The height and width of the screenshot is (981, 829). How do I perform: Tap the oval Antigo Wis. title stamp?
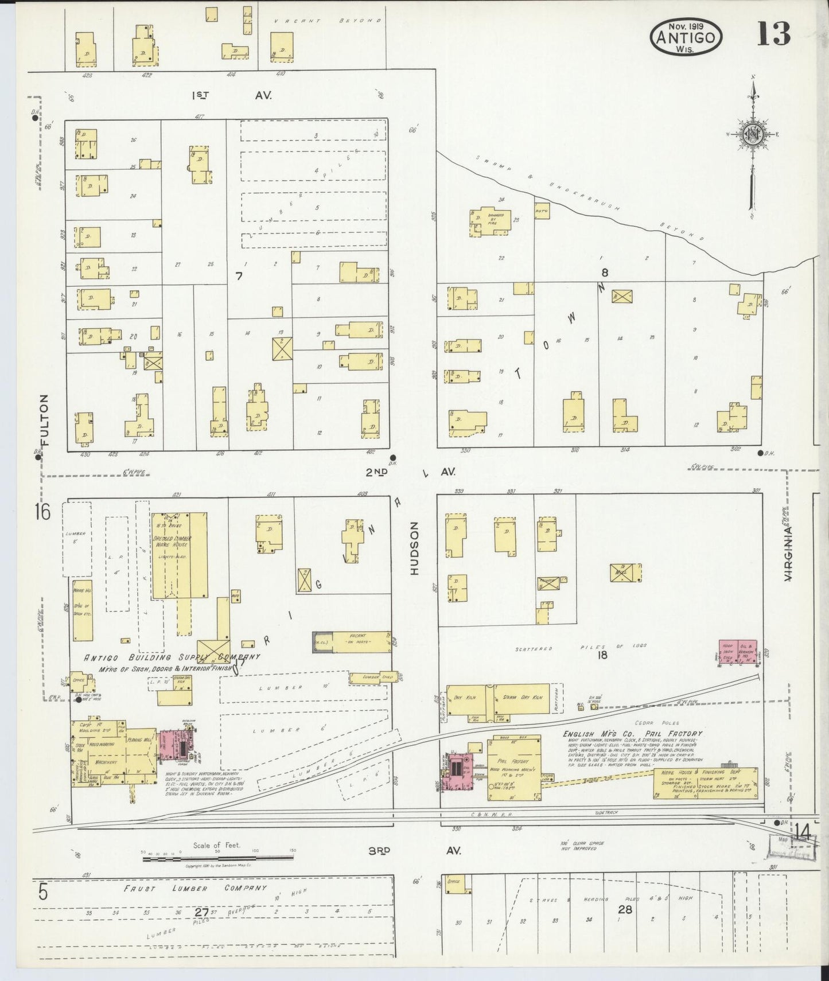[686, 37]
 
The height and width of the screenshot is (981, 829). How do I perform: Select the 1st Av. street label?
[231, 95]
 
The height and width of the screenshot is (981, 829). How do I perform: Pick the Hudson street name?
[415, 548]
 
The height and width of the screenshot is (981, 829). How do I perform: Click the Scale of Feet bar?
[218, 858]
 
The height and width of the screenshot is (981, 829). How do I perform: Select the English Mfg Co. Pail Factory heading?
[632, 733]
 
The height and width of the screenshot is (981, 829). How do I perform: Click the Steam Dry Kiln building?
[521, 698]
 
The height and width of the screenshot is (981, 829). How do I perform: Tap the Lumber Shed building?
[373, 678]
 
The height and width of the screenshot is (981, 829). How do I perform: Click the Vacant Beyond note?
[327, 21]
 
